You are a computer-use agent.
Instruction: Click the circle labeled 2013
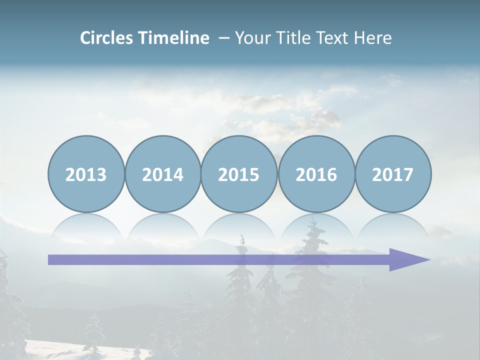pos(86,174)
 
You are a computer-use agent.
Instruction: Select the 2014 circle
pos(162,174)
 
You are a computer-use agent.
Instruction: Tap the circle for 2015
pos(239,174)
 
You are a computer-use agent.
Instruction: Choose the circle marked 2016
pos(316,174)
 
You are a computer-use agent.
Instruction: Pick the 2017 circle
pos(392,174)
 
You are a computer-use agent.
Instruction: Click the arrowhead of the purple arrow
pos(407,259)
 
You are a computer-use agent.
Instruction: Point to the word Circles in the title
pos(107,38)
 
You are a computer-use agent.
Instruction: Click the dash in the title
pos(223,38)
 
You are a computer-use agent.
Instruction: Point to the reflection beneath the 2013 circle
pos(86,225)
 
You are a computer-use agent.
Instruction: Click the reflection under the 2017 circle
pos(392,225)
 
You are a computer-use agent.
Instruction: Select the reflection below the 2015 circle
pos(239,225)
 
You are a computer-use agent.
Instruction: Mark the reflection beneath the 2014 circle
pos(162,225)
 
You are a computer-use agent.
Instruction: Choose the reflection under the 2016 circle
pos(316,225)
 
